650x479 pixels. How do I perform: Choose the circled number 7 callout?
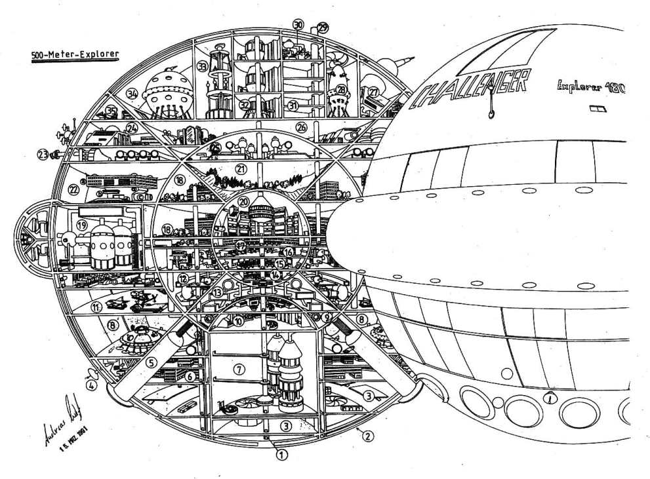click(x=240, y=370)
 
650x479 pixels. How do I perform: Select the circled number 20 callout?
click(x=244, y=202)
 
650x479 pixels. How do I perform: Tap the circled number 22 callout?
click(x=73, y=190)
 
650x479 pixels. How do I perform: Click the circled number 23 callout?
click(x=43, y=155)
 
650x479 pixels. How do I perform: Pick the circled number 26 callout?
click(x=302, y=126)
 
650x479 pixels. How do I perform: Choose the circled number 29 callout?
click(x=323, y=28)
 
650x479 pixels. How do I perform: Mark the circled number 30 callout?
click(x=298, y=25)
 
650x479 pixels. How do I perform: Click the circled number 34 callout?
click(x=133, y=94)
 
